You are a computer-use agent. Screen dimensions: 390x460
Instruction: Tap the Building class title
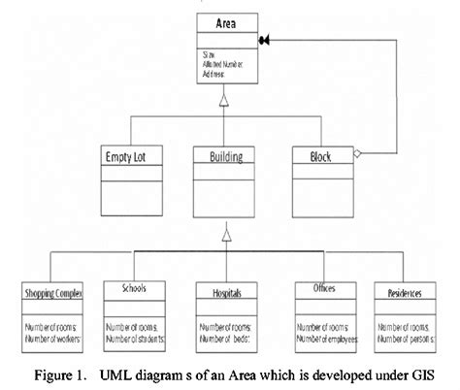[226, 155]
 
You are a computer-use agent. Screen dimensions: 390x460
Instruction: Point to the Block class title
[320, 155]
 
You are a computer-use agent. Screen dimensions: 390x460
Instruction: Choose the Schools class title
[136, 289]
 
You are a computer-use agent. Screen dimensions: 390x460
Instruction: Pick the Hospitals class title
[226, 290]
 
